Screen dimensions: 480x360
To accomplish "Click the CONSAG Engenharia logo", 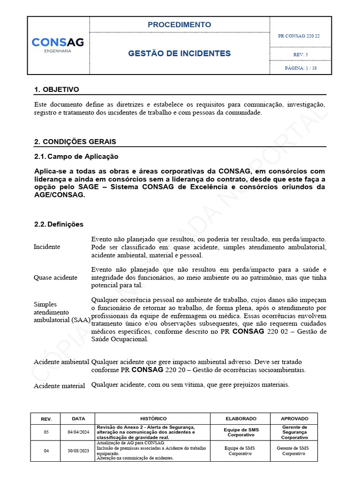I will click(58, 45).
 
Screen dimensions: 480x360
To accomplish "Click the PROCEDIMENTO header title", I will click(179, 25).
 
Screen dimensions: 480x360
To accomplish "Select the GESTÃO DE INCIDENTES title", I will click(179, 53).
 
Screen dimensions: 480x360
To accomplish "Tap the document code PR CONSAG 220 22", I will click(299, 36).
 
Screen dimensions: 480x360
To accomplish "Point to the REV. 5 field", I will click(300, 55).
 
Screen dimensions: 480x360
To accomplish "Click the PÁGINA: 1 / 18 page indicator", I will click(300, 68).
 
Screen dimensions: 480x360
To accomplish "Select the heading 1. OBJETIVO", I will click(57, 90).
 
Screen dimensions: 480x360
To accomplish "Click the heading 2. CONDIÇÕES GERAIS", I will click(75, 142).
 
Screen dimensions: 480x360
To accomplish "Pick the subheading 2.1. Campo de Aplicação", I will click(76, 157).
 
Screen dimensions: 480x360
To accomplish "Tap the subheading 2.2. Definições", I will click(59, 225).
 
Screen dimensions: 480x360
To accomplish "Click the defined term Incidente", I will click(47, 247).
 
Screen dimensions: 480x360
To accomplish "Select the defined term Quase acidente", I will click(56, 277).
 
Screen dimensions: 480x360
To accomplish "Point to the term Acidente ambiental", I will click(61, 362).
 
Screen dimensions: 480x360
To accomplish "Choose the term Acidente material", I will click(60, 386).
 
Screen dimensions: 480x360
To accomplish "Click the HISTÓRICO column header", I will click(153, 419).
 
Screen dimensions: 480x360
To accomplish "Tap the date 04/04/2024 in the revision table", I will click(78, 432).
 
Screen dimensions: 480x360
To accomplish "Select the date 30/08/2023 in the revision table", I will click(78, 451).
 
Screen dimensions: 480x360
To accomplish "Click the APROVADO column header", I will click(294, 419).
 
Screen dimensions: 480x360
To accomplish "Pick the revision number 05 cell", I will click(46, 432).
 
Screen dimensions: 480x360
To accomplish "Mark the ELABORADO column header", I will click(241, 419).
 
